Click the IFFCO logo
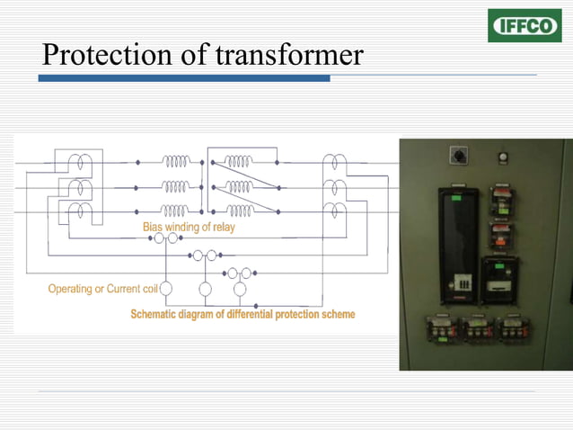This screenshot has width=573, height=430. pyautogui.click(x=524, y=26)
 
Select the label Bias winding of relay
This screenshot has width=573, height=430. pyautogui.click(x=189, y=228)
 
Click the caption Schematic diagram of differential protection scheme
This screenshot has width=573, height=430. pyautogui.click(x=242, y=314)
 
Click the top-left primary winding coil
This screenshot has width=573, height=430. pyautogui.click(x=176, y=162)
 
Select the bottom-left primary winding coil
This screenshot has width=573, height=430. pyautogui.click(x=176, y=211)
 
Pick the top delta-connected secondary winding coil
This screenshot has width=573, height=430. pyautogui.click(x=239, y=162)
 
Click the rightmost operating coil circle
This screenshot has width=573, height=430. pyautogui.click(x=240, y=289)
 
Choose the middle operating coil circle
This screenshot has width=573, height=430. pyautogui.click(x=205, y=289)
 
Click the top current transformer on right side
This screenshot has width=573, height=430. pyautogui.click(x=334, y=163)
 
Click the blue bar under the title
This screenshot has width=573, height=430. pyautogui.click(x=183, y=79)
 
